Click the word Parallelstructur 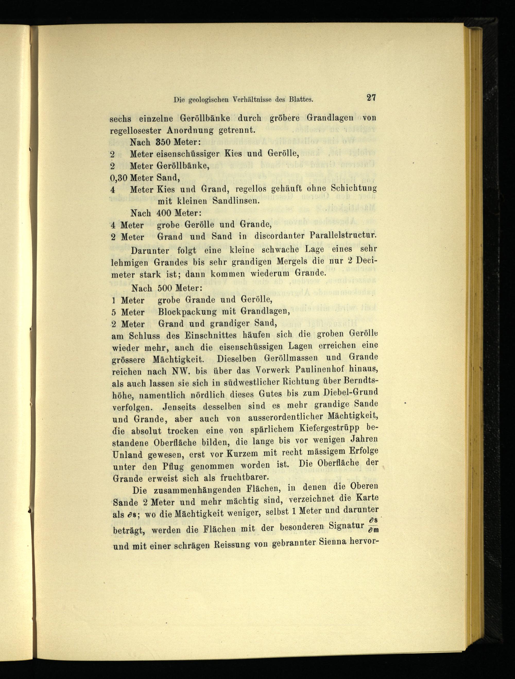(343, 236)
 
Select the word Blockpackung (187, 312)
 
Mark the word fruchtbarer (244, 478)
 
